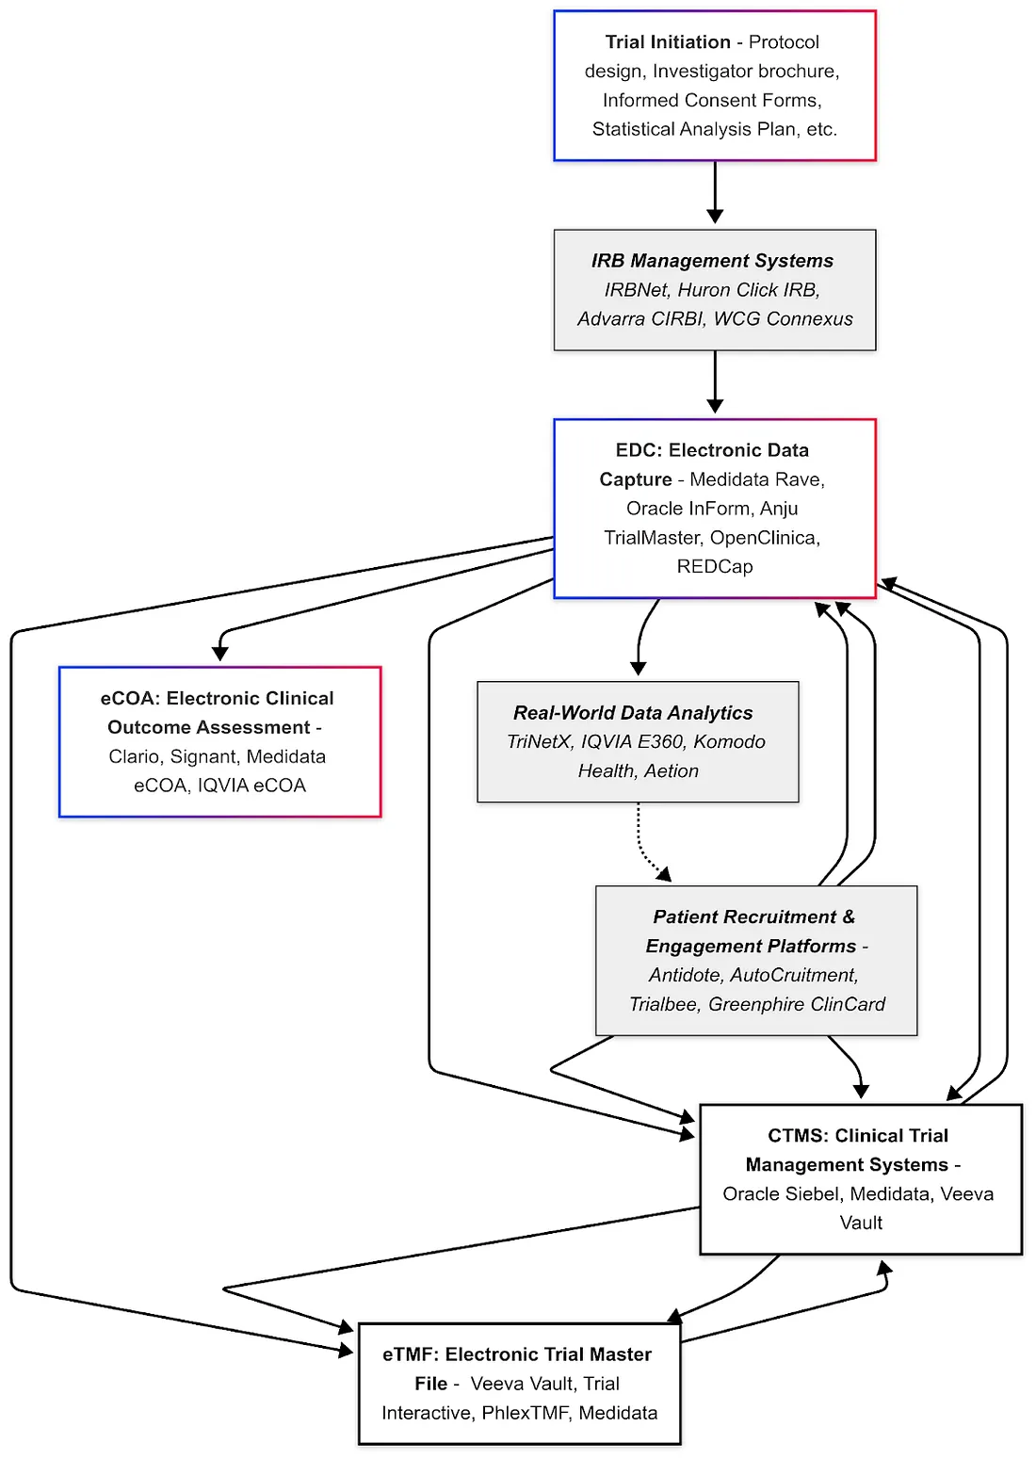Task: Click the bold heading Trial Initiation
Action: click(x=667, y=42)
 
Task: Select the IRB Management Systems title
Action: click(x=712, y=261)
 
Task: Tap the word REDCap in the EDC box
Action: click(x=714, y=567)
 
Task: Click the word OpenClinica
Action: click(x=763, y=538)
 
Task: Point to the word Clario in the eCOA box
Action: click(x=134, y=757)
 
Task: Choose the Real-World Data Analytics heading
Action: click(x=633, y=713)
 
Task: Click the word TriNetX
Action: click(x=539, y=742)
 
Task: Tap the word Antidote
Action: click(x=687, y=976)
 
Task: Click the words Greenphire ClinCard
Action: click(x=797, y=1005)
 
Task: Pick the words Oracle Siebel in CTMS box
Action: click(x=781, y=1194)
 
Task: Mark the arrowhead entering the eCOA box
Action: click(x=220, y=654)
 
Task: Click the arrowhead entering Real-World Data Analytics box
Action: click(x=639, y=668)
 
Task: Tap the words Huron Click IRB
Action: click(x=748, y=290)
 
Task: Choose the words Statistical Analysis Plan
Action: click(x=695, y=130)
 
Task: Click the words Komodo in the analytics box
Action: click(x=729, y=742)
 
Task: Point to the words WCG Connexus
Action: click(x=783, y=319)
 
